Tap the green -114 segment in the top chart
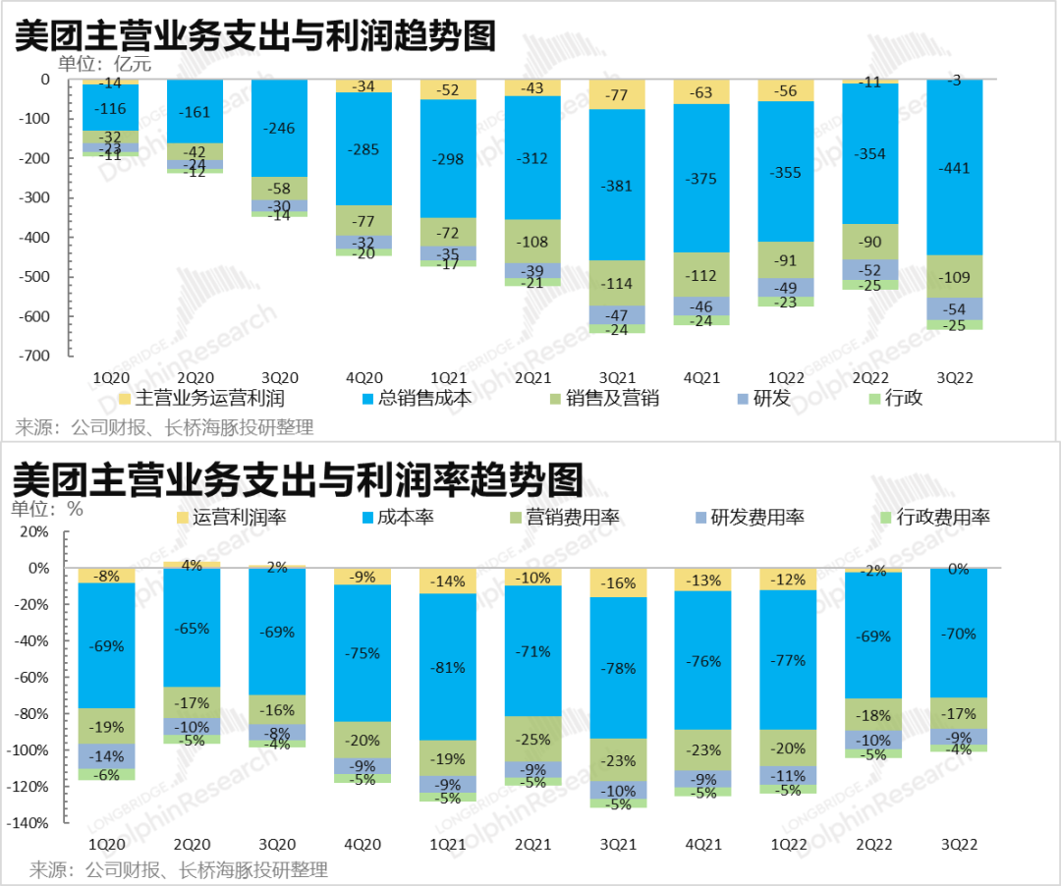pos(617,283)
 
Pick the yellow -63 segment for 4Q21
pos(701,92)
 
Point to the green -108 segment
pos(532,241)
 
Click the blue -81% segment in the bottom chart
pos(448,667)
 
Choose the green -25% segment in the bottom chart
pos(532,739)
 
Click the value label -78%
pos(617,668)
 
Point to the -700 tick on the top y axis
pos(42,356)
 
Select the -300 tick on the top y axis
pos(42,197)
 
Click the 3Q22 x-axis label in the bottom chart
pos(955,843)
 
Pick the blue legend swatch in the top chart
pos(368,399)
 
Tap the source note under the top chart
pos(164,427)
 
